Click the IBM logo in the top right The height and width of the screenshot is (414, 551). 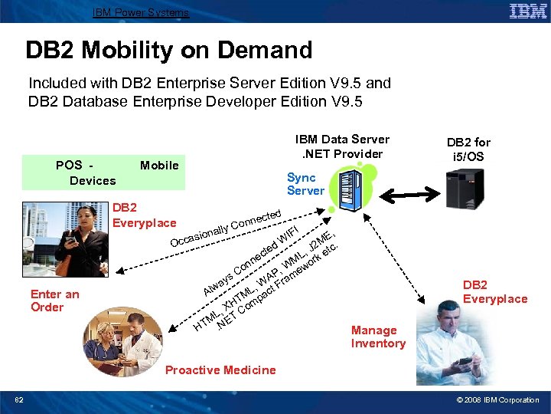tap(527, 11)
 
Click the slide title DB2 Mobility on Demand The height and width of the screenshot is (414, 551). tap(169, 51)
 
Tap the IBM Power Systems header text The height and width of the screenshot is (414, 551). tap(140, 12)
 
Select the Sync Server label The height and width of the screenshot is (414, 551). tap(305, 184)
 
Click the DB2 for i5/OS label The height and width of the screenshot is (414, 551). tap(468, 149)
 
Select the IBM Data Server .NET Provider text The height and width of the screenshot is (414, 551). tap(342, 146)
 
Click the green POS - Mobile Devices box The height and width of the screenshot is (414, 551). tap(113, 172)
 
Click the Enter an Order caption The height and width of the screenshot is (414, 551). tap(54, 301)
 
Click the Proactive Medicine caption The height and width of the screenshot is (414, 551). tap(220, 370)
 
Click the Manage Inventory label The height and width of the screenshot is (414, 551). tap(378, 337)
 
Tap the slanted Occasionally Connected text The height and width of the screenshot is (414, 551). tap(226, 228)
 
